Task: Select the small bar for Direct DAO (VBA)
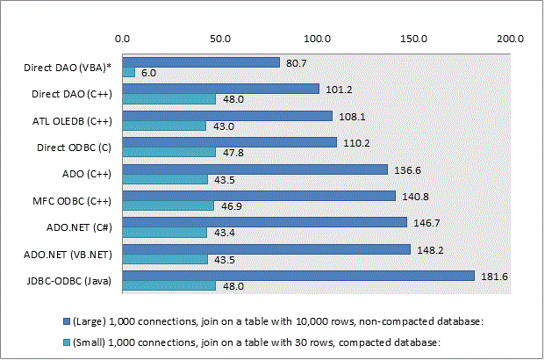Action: [x=128, y=72]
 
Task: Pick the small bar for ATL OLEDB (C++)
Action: [x=164, y=126]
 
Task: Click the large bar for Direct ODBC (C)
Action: [x=229, y=141]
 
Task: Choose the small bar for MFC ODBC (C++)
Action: [x=168, y=205]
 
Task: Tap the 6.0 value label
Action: [x=147, y=73]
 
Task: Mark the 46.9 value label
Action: [x=232, y=206]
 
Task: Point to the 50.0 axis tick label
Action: [x=219, y=39]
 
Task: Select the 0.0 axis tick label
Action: [x=123, y=39]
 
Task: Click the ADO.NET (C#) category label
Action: [x=83, y=227]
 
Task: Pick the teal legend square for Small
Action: [x=66, y=342]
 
